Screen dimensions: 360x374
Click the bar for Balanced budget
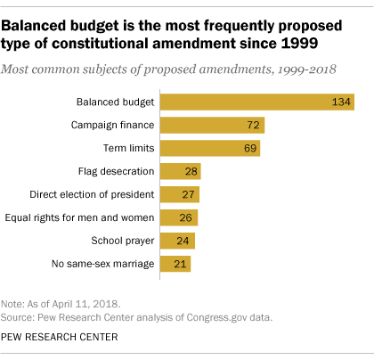pos(258,102)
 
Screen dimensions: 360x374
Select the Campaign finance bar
pos(213,125)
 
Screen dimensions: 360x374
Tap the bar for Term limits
pos(211,148)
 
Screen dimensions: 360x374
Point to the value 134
pos(339,102)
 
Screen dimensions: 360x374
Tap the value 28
pos(190,171)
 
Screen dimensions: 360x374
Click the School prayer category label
pos(123,241)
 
